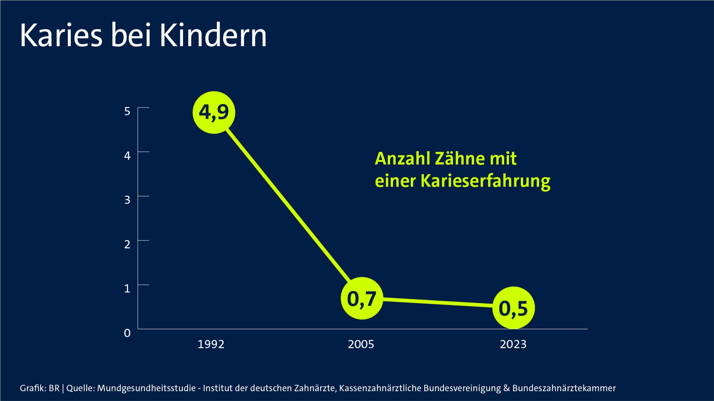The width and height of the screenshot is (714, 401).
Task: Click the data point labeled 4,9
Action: tap(214, 112)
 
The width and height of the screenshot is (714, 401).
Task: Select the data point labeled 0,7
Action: tap(362, 298)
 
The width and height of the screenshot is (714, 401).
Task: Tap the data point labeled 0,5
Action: tap(514, 308)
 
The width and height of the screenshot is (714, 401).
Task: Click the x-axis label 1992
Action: tap(211, 344)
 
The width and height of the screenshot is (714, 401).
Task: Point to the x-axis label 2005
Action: tap(361, 344)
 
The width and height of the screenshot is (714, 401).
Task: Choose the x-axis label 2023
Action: tap(513, 344)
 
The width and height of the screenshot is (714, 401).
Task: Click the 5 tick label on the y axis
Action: tap(127, 111)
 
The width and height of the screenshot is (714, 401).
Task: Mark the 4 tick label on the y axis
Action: tap(127, 155)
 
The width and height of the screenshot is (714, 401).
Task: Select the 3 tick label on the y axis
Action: tap(127, 200)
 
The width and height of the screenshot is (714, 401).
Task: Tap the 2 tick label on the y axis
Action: tap(127, 244)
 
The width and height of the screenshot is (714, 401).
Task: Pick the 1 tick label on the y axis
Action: tap(127, 288)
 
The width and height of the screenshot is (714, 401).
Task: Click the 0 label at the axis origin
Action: tap(127, 333)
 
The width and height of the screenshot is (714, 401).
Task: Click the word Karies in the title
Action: tap(61, 36)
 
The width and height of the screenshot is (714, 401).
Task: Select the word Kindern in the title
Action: tap(213, 36)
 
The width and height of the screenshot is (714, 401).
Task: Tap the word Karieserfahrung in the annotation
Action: tap(485, 181)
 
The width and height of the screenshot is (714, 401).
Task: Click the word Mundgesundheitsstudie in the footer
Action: tap(146, 388)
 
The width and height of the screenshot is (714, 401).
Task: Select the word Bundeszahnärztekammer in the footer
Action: tap(564, 388)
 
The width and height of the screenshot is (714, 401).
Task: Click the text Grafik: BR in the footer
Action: tap(39, 388)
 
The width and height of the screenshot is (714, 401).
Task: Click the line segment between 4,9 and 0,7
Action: tap(288, 205)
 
